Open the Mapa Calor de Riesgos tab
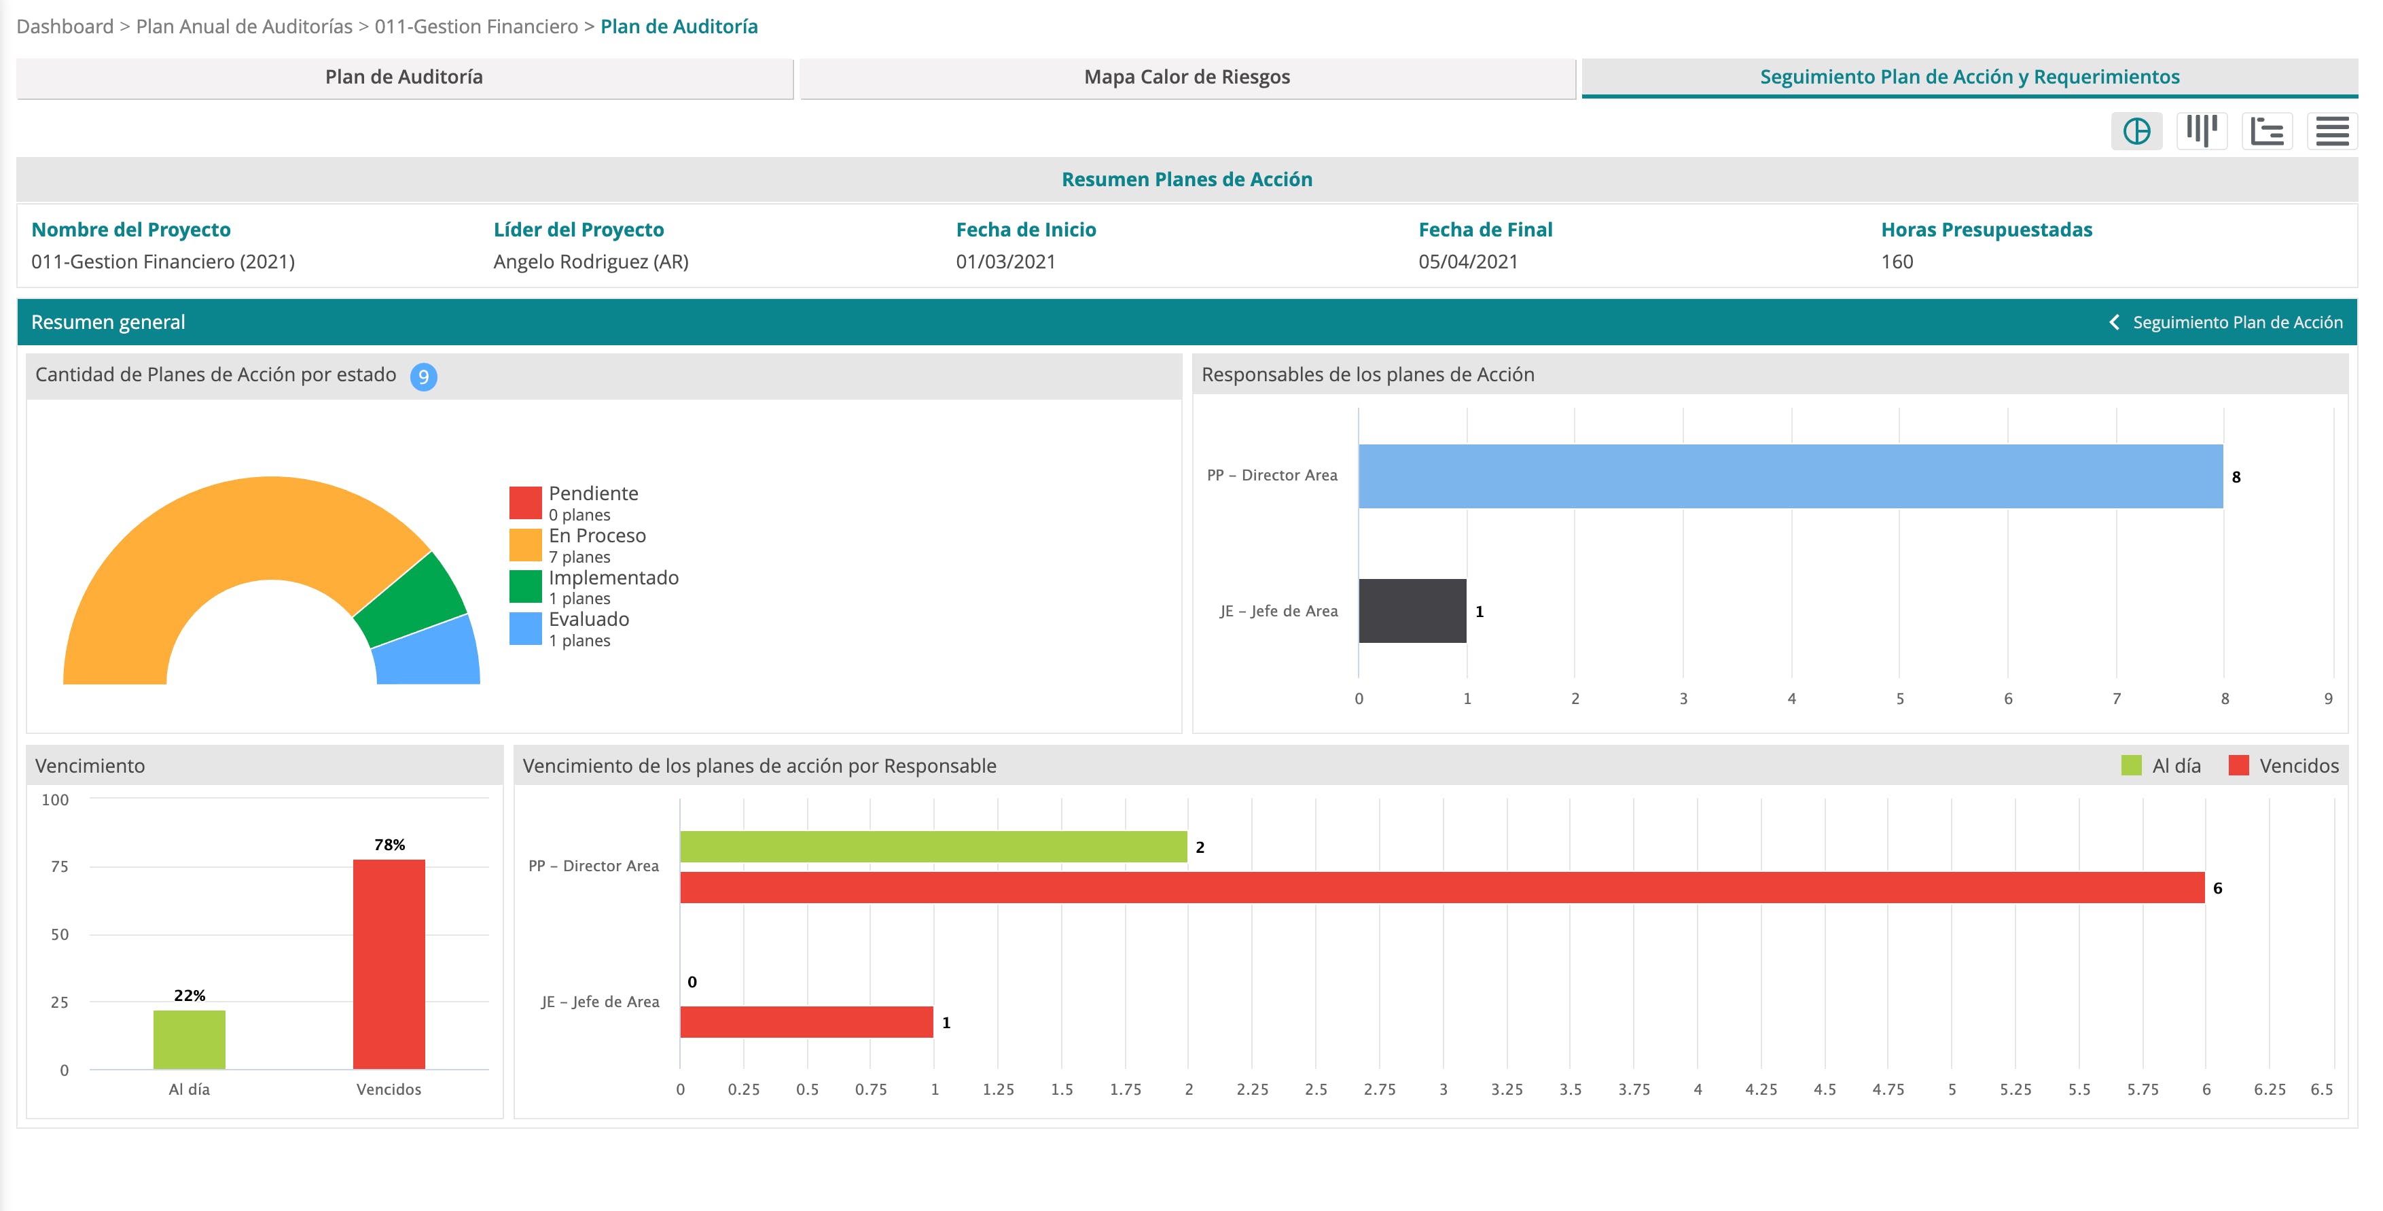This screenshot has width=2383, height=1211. point(1187,77)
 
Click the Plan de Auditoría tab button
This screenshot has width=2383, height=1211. point(404,77)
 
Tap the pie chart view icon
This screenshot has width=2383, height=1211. point(2136,131)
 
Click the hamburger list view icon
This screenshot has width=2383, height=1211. point(2332,131)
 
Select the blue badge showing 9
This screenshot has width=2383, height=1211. point(424,376)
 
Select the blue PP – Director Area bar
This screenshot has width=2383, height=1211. point(1790,476)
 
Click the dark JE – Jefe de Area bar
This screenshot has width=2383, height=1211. point(1412,610)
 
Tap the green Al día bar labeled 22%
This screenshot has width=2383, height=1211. point(190,1040)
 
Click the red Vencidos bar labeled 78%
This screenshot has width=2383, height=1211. point(389,964)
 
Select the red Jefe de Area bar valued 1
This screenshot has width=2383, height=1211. point(806,1022)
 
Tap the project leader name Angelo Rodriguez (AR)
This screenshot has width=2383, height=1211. point(591,262)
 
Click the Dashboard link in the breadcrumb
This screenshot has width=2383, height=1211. point(65,27)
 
